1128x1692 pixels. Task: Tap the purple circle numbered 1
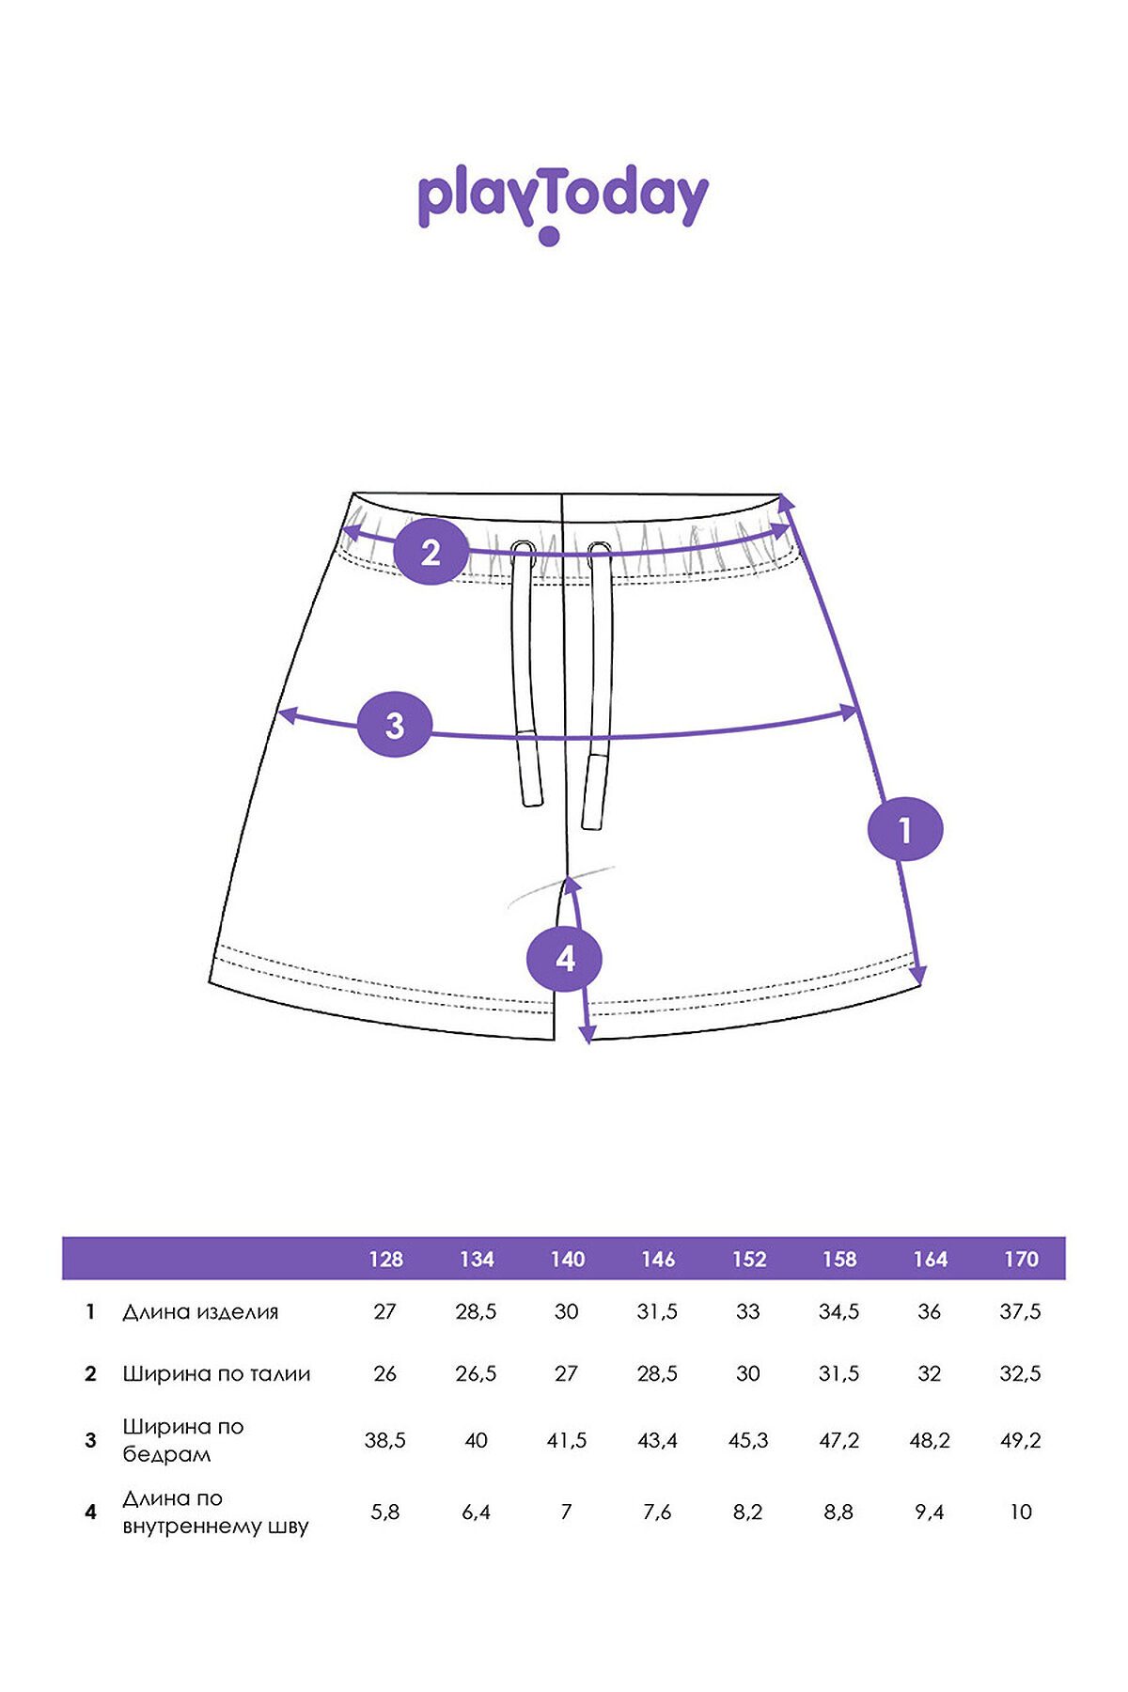tap(904, 829)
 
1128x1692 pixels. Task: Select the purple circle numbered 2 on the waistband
tap(431, 552)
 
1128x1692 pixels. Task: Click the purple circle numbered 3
tap(395, 725)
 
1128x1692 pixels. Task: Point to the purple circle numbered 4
tap(565, 959)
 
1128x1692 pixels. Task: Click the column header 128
tap(385, 1260)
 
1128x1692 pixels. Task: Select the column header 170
tap(1021, 1260)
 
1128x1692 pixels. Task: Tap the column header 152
tap(749, 1260)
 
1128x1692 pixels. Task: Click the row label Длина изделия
tap(200, 1312)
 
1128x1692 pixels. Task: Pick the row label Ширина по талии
tap(216, 1374)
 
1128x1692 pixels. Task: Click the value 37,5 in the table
tap(1021, 1312)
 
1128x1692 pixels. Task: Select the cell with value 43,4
tap(657, 1440)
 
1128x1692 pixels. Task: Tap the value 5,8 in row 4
tap(385, 1512)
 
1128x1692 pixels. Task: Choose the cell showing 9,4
tap(930, 1512)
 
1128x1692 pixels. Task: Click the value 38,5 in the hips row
tap(385, 1440)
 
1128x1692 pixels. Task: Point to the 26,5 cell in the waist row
tap(476, 1374)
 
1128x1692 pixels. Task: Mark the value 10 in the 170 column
tap(1021, 1512)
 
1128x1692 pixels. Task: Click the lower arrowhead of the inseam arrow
tap(587, 1034)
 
